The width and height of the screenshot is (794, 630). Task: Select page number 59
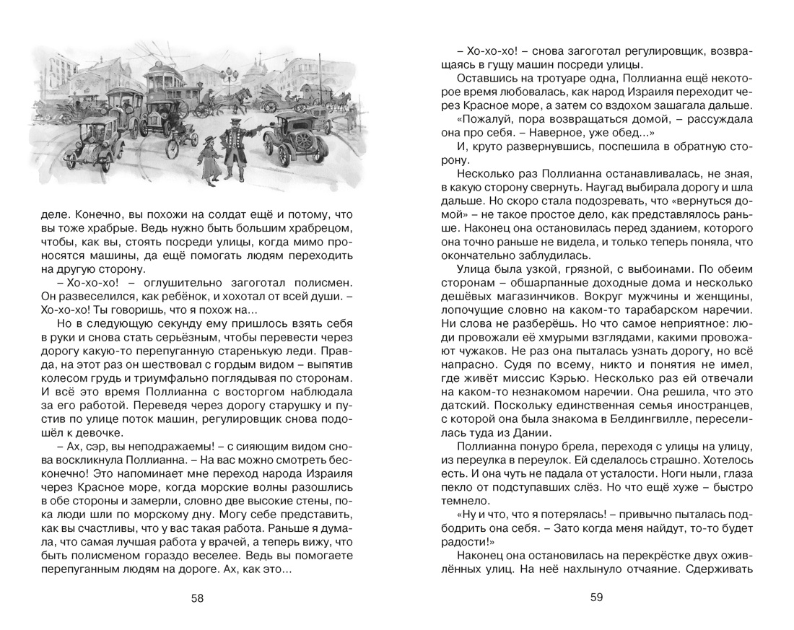(596, 597)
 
